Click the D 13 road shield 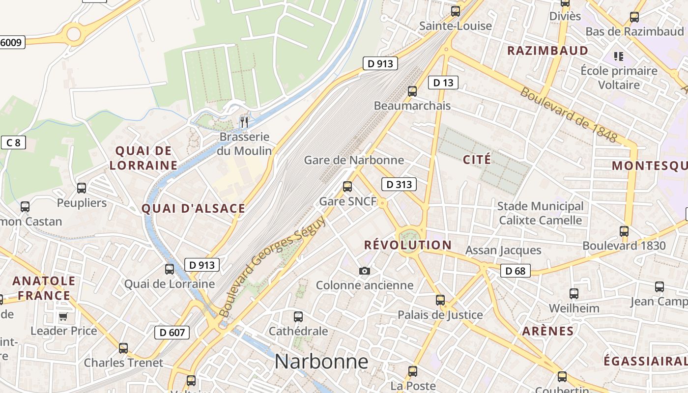coord(443,83)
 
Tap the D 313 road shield coord(399,184)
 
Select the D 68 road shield coord(516,271)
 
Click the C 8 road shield coord(14,143)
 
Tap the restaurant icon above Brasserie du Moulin coord(244,121)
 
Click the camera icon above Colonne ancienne coord(364,271)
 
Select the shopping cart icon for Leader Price coord(63,316)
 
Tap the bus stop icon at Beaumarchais coord(412,91)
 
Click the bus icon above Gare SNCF coord(347,187)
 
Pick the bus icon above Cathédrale coord(298,317)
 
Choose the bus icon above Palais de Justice coord(440,300)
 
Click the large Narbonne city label coord(321,362)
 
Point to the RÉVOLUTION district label coord(407,245)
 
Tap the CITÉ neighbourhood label coord(477,159)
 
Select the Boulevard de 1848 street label coord(569,115)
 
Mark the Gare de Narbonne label coord(354,160)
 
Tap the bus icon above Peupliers coord(82,188)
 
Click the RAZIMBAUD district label coord(547,51)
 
